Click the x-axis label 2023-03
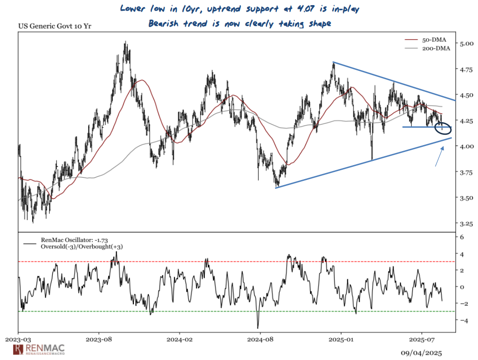(19, 339)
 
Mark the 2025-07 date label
(422, 339)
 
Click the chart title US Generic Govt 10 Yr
(55, 26)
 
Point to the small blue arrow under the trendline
(439, 156)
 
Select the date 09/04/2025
(422, 353)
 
